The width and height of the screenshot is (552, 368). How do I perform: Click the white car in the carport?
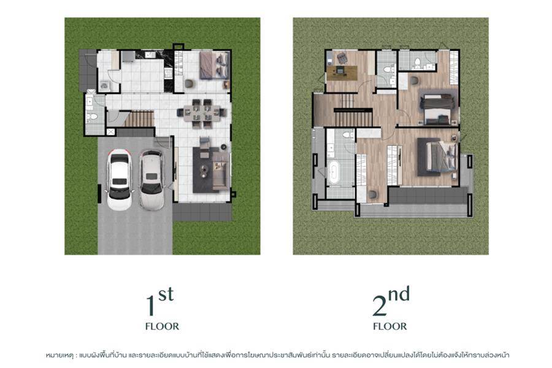[x=120, y=180]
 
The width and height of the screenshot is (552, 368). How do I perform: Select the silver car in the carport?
[x=152, y=180]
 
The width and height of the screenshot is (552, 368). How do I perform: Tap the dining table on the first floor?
[x=202, y=113]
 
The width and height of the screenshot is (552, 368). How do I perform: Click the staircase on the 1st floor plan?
[x=139, y=119]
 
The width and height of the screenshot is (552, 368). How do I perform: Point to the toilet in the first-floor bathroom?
[x=93, y=117]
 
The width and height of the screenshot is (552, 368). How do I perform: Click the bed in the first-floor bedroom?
[x=215, y=66]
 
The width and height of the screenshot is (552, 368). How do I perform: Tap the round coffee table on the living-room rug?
[x=204, y=171]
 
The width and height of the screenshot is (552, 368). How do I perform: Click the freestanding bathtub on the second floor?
[x=333, y=172]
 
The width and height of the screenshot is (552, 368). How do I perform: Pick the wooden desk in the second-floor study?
[x=342, y=72]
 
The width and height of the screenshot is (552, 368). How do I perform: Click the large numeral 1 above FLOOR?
[x=150, y=305]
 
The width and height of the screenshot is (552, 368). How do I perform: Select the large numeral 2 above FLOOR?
[x=380, y=305]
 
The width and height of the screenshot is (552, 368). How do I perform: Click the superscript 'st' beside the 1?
[x=166, y=294]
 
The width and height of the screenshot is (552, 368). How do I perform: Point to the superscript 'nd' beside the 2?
[x=399, y=294]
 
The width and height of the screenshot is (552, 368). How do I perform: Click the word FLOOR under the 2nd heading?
[x=389, y=326]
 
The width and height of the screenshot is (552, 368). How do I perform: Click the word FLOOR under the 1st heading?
[x=162, y=326]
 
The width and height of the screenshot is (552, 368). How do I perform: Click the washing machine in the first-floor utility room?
[x=104, y=85]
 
